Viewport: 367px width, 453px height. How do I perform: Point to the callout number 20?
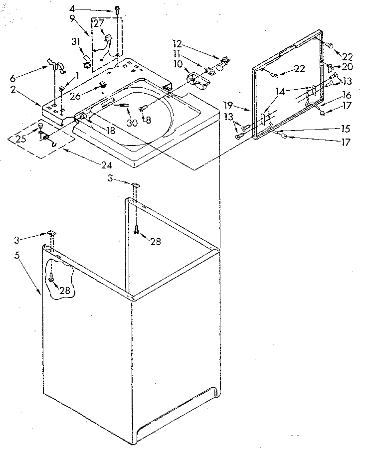click(x=348, y=67)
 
